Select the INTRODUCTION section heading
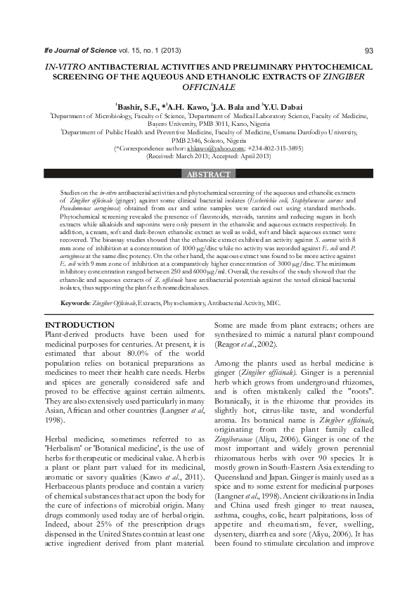(x=79, y=325)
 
